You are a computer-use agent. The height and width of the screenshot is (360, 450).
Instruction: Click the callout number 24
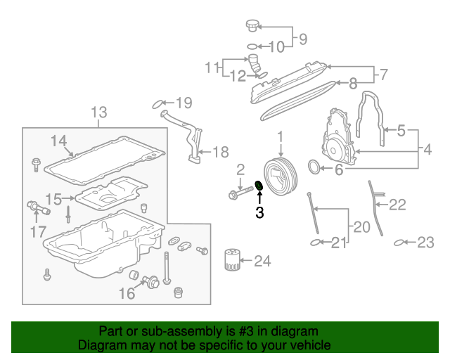pos(262,262)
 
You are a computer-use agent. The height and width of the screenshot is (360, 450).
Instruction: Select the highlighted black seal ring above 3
pos(258,186)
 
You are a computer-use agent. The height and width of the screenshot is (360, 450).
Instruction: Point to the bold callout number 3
pos(259,212)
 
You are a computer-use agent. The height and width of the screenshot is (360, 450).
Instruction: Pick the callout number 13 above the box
pos(99,112)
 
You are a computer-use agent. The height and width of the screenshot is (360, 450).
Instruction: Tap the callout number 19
pos(183,104)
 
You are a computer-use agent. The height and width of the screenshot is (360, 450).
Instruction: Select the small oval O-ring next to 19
pos(159,105)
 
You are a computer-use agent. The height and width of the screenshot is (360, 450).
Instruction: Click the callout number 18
pos(220,151)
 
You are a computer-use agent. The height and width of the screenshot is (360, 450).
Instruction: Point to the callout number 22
pos(398,205)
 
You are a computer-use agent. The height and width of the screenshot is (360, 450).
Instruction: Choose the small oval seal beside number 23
pos(399,243)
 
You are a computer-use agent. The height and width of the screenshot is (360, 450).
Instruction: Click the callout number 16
pos(127,293)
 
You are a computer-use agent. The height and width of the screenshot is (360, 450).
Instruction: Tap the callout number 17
pos(38,231)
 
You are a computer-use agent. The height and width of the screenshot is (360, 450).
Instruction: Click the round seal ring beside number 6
pos(314,167)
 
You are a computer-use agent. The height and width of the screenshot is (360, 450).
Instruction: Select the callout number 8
pos(353,82)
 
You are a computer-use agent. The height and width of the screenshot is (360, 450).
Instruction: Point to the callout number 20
pos(361,227)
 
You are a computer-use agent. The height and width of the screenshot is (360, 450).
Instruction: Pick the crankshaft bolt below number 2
pos(237,193)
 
